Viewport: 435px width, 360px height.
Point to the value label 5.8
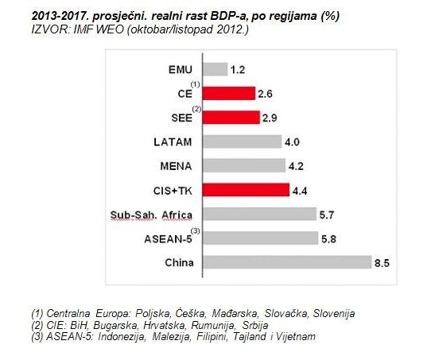tap(327, 238)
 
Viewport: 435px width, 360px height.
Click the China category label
tap(185, 263)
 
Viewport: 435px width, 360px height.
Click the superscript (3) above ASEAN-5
tap(204, 230)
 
